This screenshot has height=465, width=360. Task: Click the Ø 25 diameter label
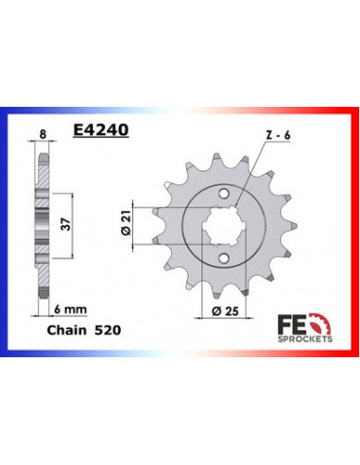point(225,311)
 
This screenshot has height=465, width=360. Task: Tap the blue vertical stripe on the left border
point(5,227)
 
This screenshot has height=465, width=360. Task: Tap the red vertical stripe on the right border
point(355,227)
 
